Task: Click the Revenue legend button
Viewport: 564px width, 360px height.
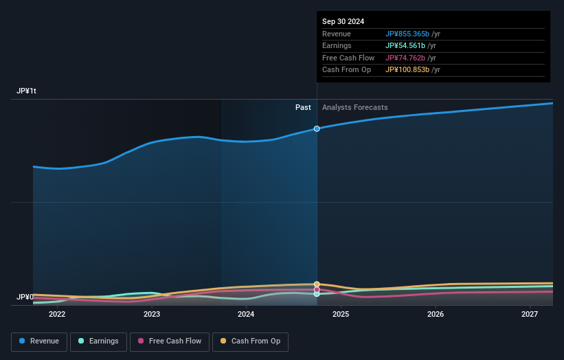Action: pyautogui.click(x=39, y=341)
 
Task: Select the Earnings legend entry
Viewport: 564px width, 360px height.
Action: pyautogui.click(x=98, y=341)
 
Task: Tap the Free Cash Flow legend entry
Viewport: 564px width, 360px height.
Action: pyautogui.click(x=170, y=341)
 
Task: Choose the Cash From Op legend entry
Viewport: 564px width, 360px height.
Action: pyautogui.click(x=250, y=341)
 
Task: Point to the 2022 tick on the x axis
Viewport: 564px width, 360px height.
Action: pyautogui.click(x=57, y=315)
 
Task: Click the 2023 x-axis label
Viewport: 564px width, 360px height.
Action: pyautogui.click(x=152, y=315)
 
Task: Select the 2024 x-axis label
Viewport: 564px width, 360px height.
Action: pyautogui.click(x=246, y=315)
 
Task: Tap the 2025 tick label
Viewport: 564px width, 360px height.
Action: pyautogui.click(x=341, y=315)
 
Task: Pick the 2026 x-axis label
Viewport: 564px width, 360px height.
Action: pyautogui.click(x=435, y=315)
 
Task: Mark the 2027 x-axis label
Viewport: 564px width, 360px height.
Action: pyautogui.click(x=530, y=315)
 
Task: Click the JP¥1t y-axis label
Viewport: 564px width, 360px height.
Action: pyautogui.click(x=27, y=91)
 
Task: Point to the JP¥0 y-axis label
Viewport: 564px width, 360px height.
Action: pyautogui.click(x=25, y=297)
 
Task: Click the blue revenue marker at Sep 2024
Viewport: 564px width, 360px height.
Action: pyautogui.click(x=317, y=128)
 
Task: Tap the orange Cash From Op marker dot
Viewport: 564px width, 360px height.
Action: pyautogui.click(x=317, y=284)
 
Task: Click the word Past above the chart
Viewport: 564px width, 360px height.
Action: pyautogui.click(x=303, y=108)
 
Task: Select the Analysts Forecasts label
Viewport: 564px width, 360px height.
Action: pyautogui.click(x=354, y=108)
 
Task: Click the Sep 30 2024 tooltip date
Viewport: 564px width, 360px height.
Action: pyautogui.click(x=343, y=21)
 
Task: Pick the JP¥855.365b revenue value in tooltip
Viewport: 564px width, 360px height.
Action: pyautogui.click(x=407, y=34)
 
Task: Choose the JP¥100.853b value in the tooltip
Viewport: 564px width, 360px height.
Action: pyautogui.click(x=407, y=70)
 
